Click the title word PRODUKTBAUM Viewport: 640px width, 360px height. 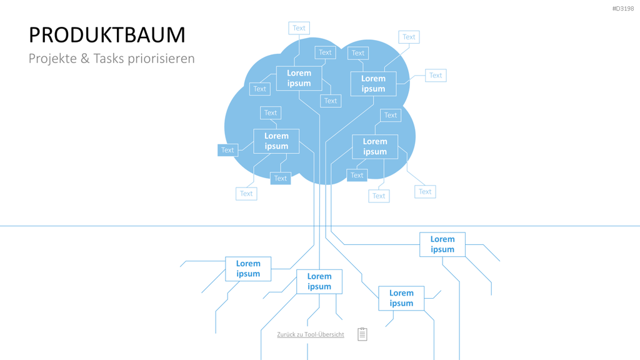click(107, 35)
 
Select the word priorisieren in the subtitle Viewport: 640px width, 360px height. click(161, 59)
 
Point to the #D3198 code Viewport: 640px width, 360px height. click(623, 9)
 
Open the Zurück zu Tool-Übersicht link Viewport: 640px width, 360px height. click(311, 334)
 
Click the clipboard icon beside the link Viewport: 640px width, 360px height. click(362, 334)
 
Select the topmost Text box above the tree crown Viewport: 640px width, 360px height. click(299, 28)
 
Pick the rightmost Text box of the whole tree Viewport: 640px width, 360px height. click(436, 76)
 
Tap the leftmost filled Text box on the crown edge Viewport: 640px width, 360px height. click(227, 150)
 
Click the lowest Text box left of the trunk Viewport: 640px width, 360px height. click(246, 194)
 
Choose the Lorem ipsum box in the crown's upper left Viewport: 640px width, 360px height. click(299, 78)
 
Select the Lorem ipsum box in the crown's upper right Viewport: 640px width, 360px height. click(374, 84)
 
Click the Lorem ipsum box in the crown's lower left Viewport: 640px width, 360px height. click(276, 141)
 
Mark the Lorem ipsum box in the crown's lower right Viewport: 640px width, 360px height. click(375, 147)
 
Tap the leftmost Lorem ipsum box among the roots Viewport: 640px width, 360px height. click(248, 269)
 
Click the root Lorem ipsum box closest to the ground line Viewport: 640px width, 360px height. click(442, 244)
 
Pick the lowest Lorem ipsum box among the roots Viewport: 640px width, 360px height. click(401, 298)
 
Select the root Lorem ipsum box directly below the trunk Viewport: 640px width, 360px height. click(319, 282)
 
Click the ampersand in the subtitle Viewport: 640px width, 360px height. click(85, 58)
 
